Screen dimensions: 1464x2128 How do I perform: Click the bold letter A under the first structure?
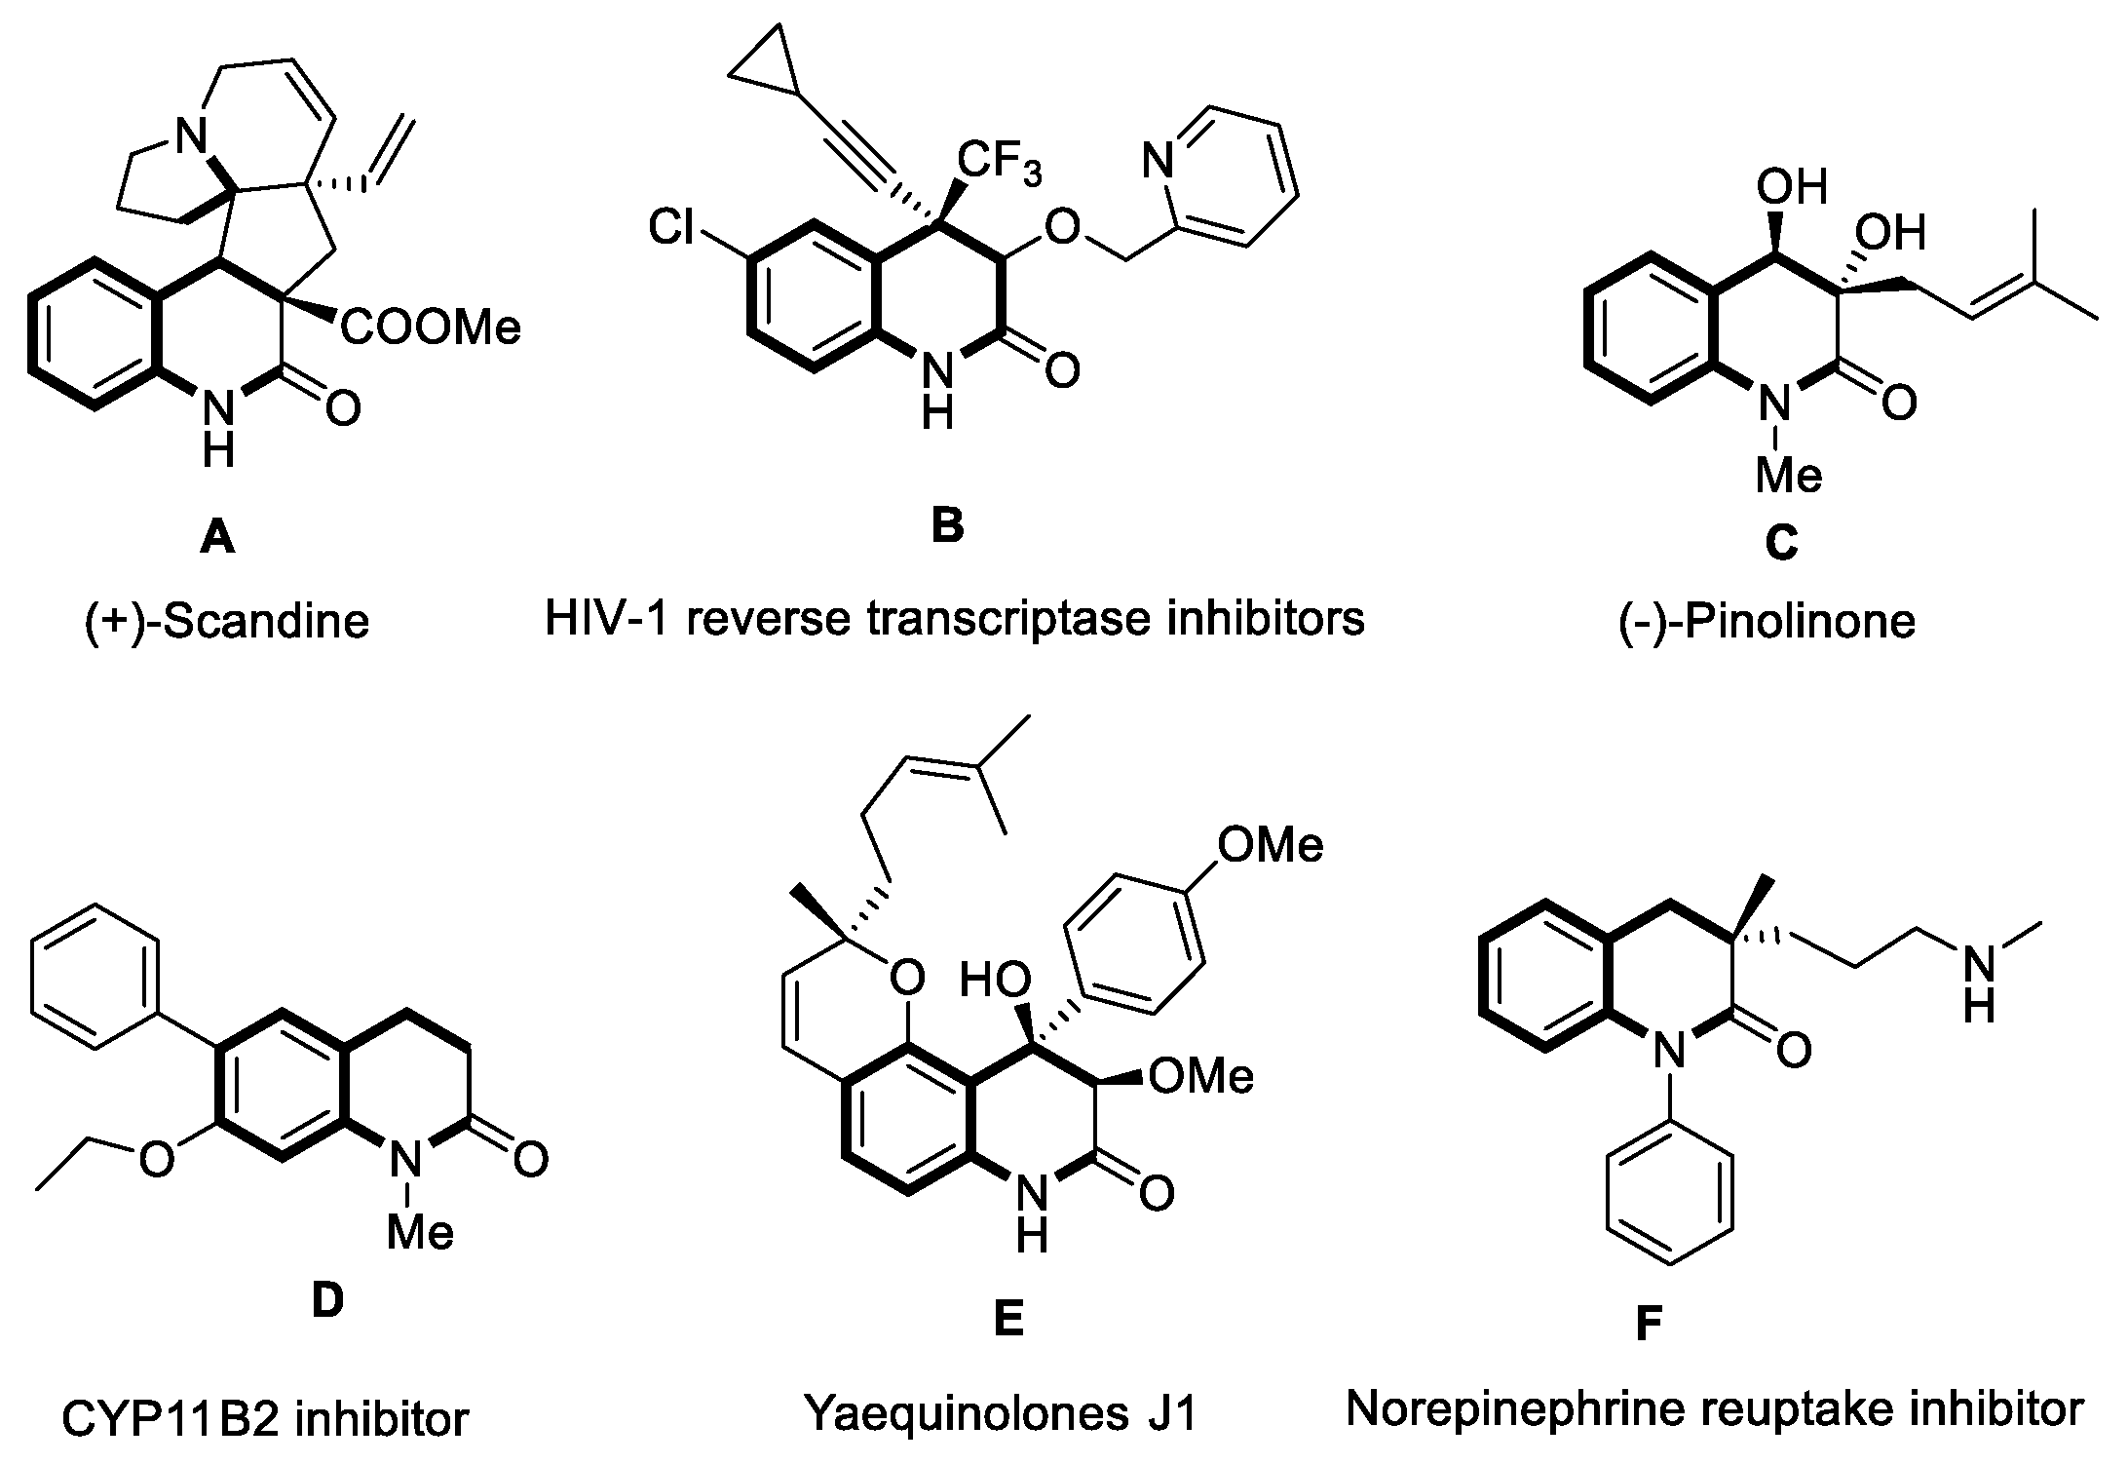pos(216,537)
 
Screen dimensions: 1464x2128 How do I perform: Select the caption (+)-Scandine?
pos(227,622)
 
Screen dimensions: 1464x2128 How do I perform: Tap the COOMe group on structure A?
pos(430,328)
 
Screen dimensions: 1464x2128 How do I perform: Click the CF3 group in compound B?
pos(999,163)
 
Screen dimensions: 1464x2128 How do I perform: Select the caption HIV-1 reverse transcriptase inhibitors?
pos(955,618)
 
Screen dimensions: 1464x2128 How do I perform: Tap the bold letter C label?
pos(1780,544)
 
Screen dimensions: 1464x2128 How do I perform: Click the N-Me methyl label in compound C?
pos(1788,477)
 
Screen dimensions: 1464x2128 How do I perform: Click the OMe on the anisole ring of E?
pos(1270,845)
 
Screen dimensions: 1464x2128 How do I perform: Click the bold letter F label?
pos(1646,1325)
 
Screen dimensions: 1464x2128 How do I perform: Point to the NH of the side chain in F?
pos(1978,984)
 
